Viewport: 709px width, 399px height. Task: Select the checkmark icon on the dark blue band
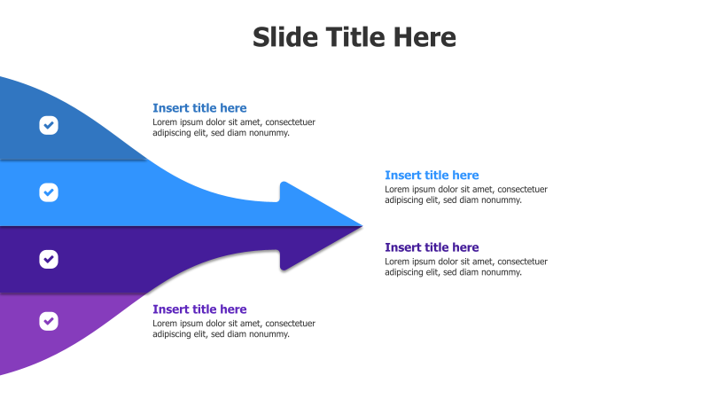49,125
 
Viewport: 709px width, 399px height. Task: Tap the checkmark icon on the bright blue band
49,192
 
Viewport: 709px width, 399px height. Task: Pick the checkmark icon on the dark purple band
49,259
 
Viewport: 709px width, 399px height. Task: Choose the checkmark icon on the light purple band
49,321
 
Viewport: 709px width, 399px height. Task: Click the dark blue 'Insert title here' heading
199,108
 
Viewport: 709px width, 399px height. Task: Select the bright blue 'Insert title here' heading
432,176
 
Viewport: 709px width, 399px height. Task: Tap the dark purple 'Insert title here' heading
432,247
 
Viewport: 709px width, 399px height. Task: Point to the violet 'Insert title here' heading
199,309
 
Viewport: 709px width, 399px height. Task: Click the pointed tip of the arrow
360,225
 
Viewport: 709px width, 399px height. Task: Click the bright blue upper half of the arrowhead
310,209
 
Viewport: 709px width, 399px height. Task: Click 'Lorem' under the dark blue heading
166,122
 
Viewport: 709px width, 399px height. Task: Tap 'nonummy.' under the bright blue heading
500,200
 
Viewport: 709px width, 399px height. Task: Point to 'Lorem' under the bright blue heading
398,189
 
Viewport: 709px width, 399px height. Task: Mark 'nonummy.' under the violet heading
268,334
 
